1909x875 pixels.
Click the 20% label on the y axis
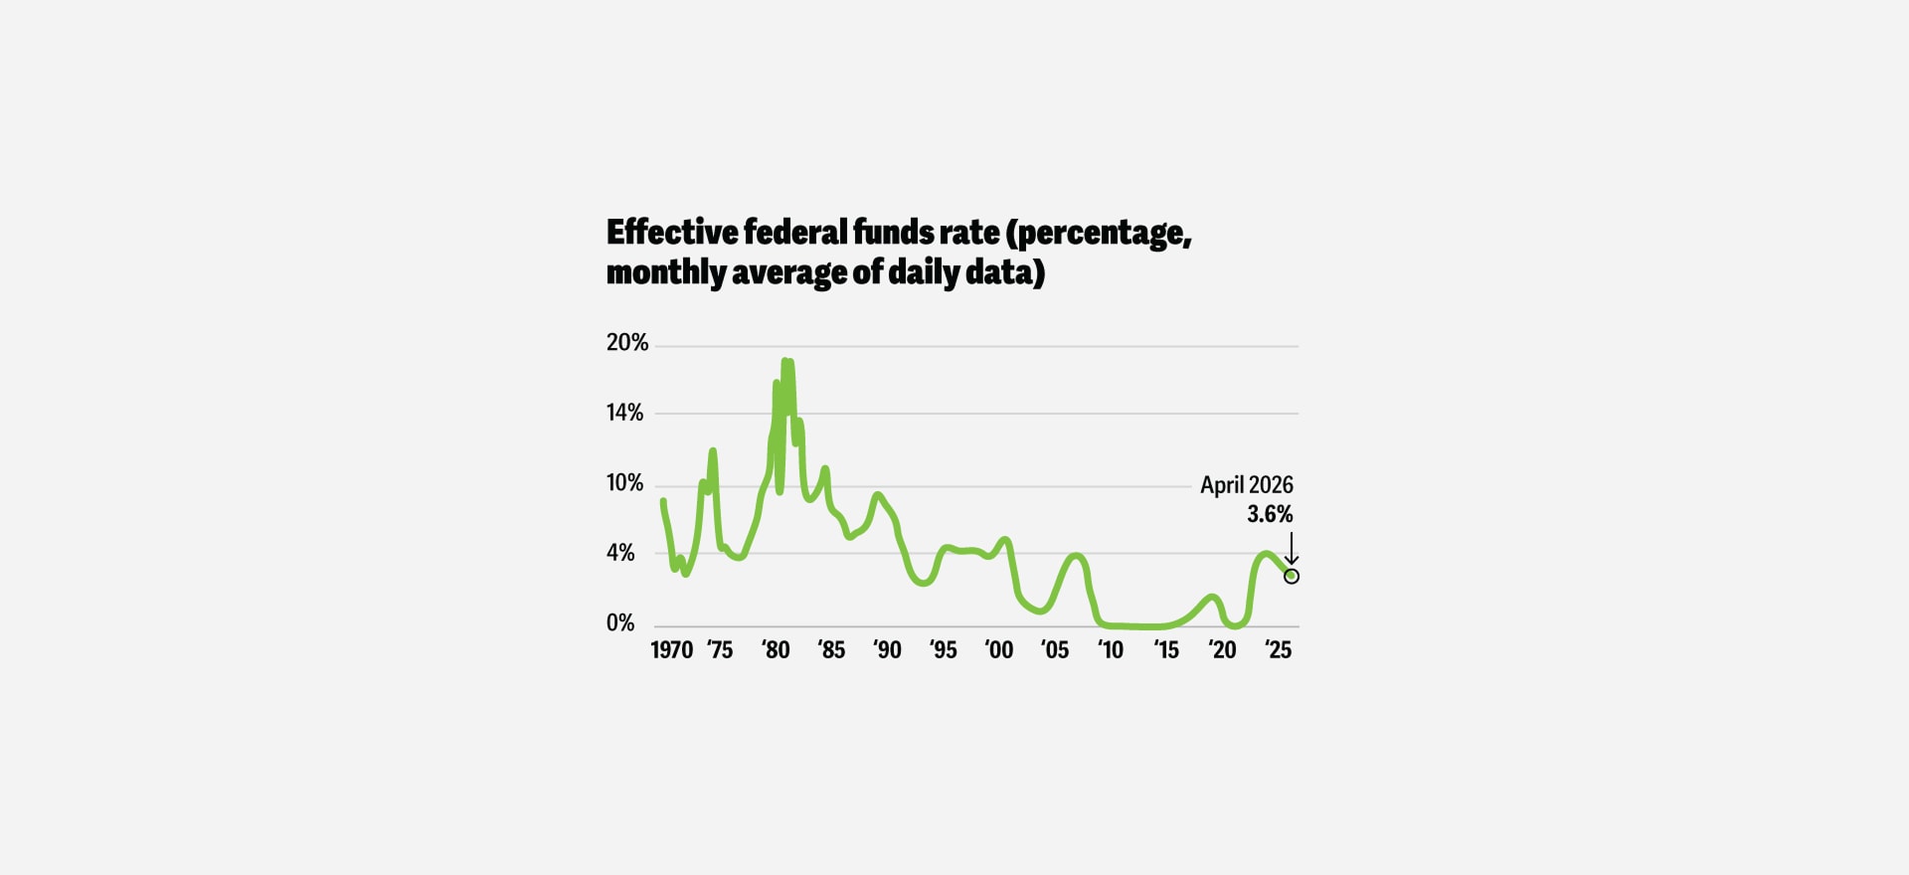click(626, 343)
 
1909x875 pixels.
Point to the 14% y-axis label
click(624, 413)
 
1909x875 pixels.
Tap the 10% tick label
click(624, 483)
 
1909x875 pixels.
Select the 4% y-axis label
click(620, 553)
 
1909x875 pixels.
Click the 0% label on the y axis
click(620, 623)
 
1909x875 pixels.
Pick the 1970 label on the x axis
click(672, 650)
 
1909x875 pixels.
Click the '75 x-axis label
click(720, 650)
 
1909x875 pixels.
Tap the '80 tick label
click(776, 650)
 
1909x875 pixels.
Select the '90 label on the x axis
click(887, 650)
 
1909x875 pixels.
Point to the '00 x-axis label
click(999, 650)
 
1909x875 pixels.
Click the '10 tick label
click(1111, 650)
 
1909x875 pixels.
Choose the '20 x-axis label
click(1222, 650)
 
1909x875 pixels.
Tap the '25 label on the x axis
click(1278, 650)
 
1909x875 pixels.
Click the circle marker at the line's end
click(1292, 576)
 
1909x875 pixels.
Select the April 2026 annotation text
click(1247, 485)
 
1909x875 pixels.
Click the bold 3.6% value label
click(1271, 514)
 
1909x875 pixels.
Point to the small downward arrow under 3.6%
click(1292, 549)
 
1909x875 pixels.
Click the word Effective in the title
click(673, 232)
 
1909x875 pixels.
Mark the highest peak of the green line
click(785, 361)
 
